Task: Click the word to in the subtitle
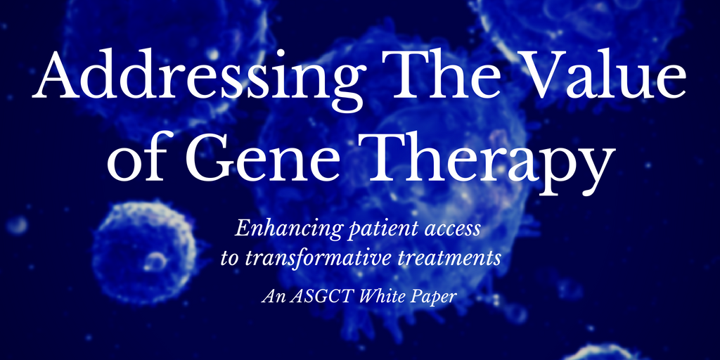[230, 259]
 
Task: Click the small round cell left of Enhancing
[144, 252]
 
